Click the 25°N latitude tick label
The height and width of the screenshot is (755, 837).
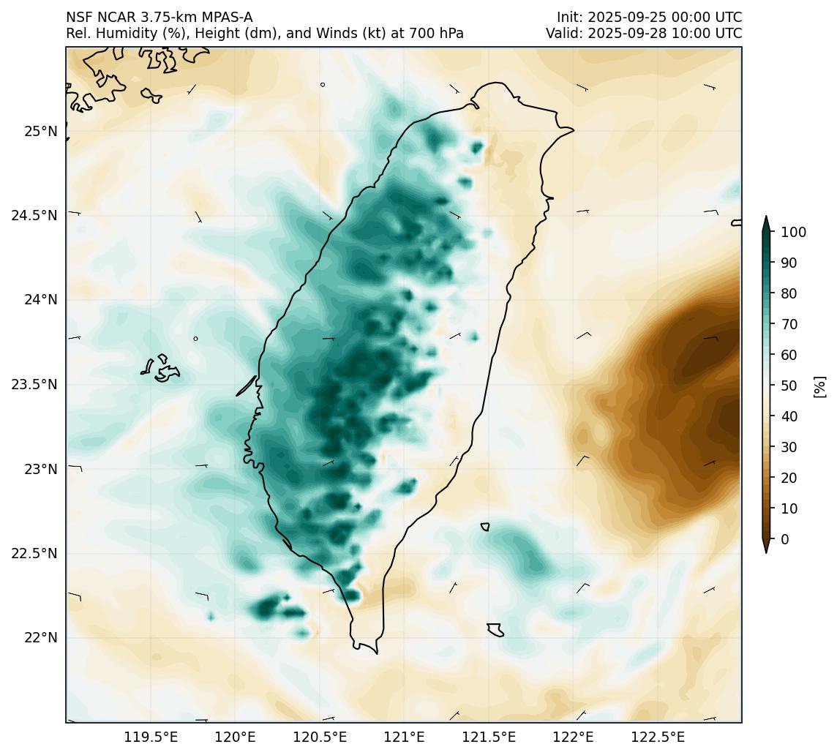coord(41,132)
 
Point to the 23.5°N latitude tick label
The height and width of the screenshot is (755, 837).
coord(34,385)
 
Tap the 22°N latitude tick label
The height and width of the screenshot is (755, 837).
coord(41,638)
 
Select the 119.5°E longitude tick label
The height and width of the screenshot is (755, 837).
coord(151,737)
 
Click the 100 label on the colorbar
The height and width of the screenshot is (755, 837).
coord(794,233)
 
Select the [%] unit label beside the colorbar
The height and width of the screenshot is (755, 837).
coord(820,386)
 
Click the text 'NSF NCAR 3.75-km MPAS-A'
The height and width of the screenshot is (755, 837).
coord(159,17)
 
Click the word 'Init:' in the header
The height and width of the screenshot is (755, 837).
coord(570,17)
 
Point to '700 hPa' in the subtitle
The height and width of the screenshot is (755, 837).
coord(439,34)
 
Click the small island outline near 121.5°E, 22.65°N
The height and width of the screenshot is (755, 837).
coord(485,527)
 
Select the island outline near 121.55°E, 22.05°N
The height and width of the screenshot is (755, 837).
coord(495,630)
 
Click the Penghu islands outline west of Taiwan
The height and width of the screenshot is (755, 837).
coord(161,369)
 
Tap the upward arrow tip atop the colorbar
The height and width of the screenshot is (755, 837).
coord(766,219)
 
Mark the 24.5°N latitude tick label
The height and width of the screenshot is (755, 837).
coord(34,216)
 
